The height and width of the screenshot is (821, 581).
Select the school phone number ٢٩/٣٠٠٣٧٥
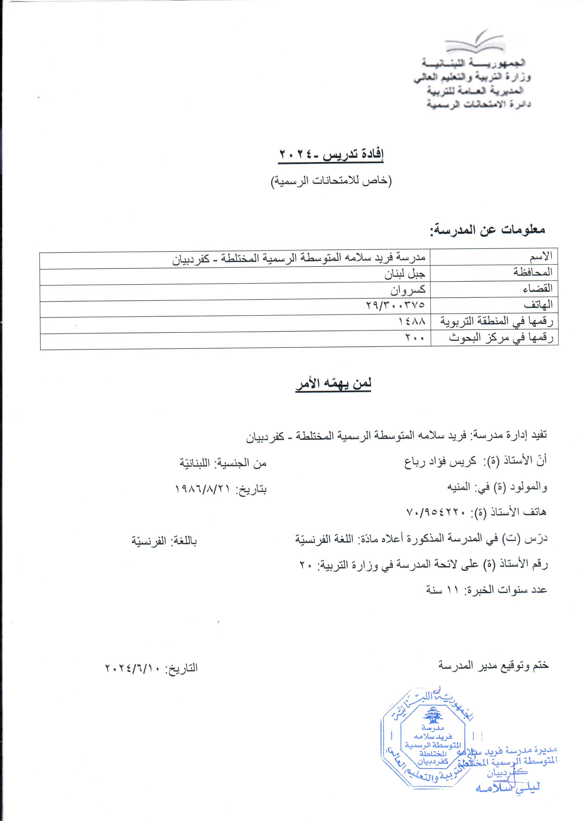point(395,305)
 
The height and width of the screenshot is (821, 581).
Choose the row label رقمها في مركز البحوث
point(501,338)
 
